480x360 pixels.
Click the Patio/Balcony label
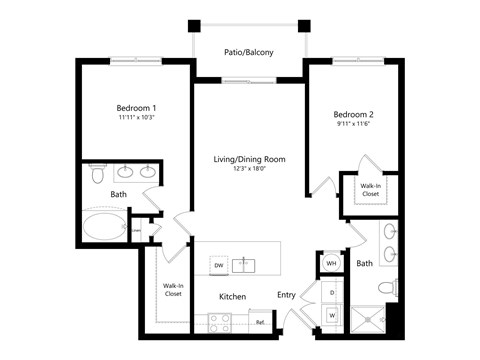[249, 53]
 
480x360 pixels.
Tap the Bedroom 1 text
[136, 108]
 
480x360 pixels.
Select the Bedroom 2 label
[353, 115]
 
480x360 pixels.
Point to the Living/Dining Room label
[249, 159]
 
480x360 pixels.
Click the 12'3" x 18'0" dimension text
[249, 169]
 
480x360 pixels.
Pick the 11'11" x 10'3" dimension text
[136, 118]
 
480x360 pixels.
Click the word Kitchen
[233, 297]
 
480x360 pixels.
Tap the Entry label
[286, 295]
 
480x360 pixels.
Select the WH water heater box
[331, 264]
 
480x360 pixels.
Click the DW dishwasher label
[218, 265]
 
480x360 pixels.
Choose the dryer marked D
[331, 292]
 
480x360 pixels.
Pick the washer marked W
[331, 315]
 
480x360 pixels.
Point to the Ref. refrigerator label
[260, 322]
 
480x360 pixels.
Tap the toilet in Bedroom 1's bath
[96, 175]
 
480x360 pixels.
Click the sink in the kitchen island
[246, 265]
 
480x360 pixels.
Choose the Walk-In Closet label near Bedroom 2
[370, 189]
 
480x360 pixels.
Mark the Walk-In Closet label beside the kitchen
[172, 290]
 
